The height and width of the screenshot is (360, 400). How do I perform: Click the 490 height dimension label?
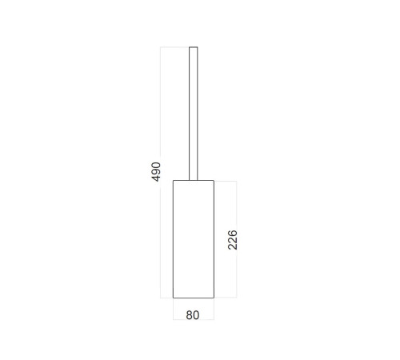coord(156,172)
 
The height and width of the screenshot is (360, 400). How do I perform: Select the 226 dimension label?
coord(233,240)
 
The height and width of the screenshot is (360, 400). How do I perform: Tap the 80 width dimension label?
coord(193,315)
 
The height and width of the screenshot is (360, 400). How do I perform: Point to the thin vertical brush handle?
coord(194,114)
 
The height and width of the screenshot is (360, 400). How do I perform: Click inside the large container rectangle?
coord(194,239)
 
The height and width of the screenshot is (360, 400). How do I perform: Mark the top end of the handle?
coord(194,47)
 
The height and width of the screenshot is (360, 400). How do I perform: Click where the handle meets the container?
coord(194,181)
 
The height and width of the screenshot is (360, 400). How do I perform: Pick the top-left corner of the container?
coord(173,181)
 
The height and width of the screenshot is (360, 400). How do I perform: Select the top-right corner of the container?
coord(214,181)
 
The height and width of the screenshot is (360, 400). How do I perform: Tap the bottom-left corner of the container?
coord(173,298)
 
